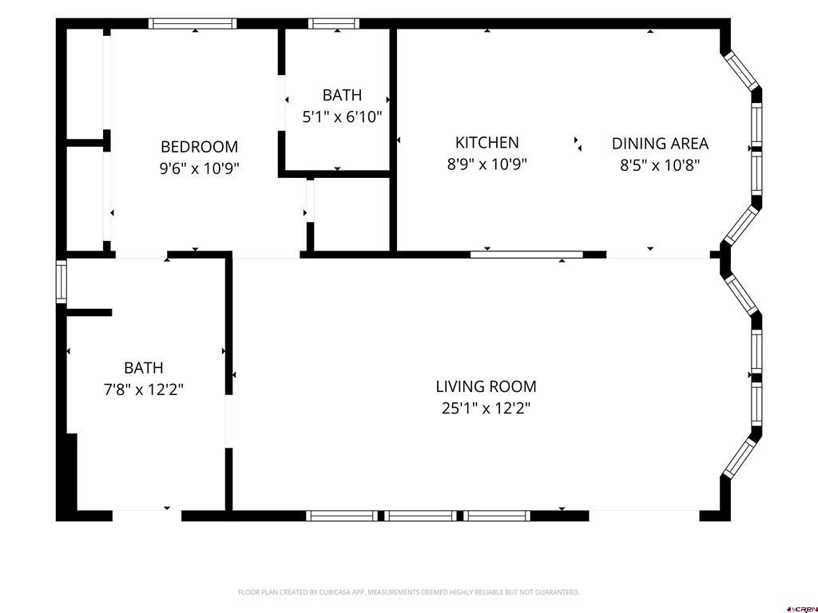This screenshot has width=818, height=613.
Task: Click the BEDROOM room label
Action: coord(199,147)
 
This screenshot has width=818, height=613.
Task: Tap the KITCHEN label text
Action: coord(486,142)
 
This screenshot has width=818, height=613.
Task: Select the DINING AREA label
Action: coord(660,144)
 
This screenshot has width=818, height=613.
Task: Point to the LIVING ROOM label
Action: coord(486,386)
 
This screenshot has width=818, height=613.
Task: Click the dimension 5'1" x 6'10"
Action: coord(342,117)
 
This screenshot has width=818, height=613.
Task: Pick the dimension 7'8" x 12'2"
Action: coord(144,390)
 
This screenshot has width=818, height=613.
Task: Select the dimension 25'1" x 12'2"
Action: coord(486,408)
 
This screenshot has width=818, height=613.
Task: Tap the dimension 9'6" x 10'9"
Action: coord(199,168)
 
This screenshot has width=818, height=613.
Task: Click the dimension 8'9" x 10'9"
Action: coord(486,164)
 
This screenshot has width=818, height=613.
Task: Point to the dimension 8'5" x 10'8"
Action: coord(660,165)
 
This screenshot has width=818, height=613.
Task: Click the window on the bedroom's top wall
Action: coord(193,23)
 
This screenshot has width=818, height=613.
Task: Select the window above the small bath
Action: coord(334,23)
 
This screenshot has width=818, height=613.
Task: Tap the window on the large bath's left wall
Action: coord(62,282)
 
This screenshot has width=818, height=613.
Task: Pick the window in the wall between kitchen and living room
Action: coord(526,255)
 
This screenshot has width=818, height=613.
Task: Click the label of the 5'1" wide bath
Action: coord(342,95)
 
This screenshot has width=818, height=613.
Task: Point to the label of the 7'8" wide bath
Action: coord(144,367)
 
